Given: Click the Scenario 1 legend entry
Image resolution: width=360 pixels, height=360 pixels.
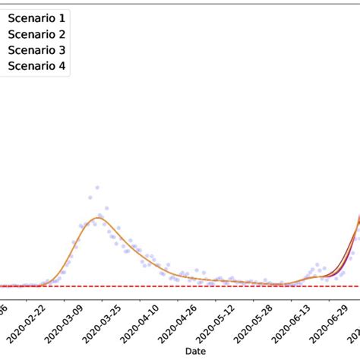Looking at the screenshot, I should pos(36,16).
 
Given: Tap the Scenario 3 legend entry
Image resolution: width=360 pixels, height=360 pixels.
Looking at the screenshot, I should pos(36,49).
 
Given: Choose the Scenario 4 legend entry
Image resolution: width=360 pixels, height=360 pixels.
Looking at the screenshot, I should pos(36,66).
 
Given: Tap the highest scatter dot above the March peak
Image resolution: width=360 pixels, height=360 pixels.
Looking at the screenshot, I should pos(97,187).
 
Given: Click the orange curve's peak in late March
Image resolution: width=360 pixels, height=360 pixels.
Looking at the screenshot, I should pos(97,218).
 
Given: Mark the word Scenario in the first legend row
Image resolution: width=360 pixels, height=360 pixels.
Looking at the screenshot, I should pos(31,16).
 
